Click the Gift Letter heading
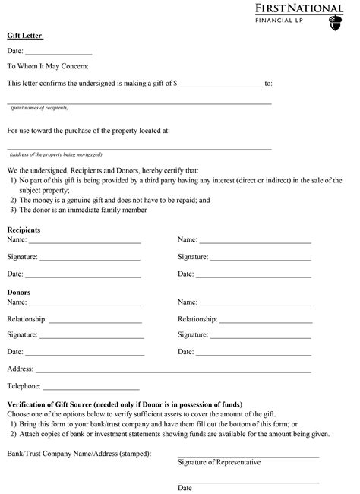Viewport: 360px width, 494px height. click(x=24, y=36)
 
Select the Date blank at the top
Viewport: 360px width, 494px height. click(x=58, y=53)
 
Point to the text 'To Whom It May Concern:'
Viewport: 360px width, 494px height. click(x=47, y=66)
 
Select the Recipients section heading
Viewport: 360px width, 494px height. click(x=24, y=230)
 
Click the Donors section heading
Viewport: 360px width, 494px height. click(x=20, y=292)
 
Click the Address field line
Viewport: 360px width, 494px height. click(x=172, y=370)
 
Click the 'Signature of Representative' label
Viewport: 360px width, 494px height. click(x=219, y=462)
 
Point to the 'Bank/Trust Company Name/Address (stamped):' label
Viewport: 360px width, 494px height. click(x=79, y=454)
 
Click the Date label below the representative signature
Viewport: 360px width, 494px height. click(x=185, y=488)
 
